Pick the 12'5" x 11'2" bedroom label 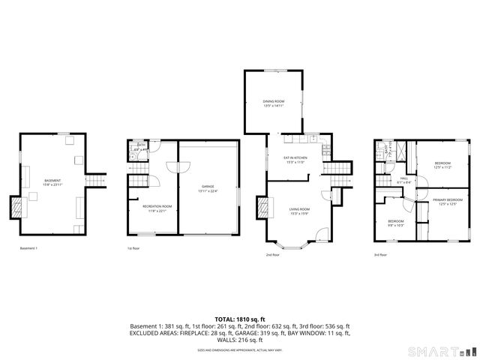point(442,164)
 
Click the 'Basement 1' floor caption point(28,248)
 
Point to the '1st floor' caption point(134,248)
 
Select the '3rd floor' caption point(381,254)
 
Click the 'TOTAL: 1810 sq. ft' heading point(239,319)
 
